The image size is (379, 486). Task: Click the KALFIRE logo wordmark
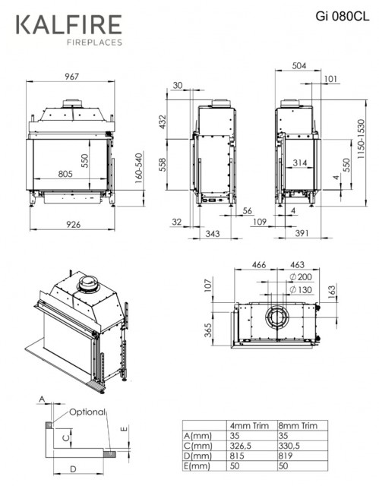coord(69,24)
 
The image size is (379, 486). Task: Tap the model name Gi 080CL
coord(343,16)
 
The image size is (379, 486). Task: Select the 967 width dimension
coord(72,76)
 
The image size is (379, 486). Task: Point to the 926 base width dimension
coord(74,225)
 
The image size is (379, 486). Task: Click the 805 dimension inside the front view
coord(65,174)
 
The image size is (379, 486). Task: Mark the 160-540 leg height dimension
coord(139,168)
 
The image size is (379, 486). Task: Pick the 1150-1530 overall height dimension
coord(361,139)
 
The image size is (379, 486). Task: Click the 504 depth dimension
coord(299,66)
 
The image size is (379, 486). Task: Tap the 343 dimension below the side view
coord(213,233)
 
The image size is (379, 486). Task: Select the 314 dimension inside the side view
coord(300,163)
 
